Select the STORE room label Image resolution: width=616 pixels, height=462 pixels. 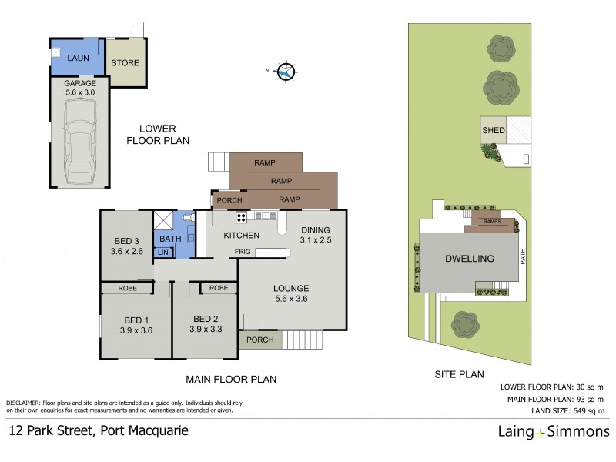coord(125,62)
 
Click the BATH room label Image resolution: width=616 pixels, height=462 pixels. coord(170,239)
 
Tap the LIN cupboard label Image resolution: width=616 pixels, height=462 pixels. coord(164,253)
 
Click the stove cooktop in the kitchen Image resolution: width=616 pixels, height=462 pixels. coord(240,216)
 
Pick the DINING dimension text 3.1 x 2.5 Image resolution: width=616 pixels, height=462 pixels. coord(316,240)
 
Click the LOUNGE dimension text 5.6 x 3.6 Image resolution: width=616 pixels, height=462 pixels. coord(291,300)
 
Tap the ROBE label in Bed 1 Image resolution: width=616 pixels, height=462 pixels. coord(127,288)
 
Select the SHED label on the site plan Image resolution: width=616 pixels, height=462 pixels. coord(493,130)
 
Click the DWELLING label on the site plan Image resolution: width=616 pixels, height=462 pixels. coord(469,259)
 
